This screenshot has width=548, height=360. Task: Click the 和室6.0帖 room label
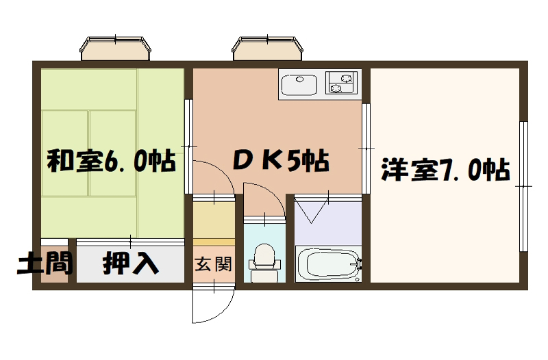(x=111, y=161)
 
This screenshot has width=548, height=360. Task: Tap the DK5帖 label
(x=281, y=161)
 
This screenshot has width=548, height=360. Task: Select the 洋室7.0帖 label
(x=445, y=170)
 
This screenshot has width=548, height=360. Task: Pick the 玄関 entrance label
(x=214, y=264)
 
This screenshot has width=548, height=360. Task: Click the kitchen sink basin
(x=299, y=83)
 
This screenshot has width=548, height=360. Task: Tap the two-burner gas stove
(x=342, y=83)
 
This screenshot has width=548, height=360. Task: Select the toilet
(x=264, y=263)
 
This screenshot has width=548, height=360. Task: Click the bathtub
(x=328, y=263)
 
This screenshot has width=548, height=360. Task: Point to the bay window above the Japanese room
(x=115, y=48)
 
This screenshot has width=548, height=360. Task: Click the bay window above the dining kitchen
(x=267, y=48)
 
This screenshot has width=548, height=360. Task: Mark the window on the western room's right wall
(x=523, y=186)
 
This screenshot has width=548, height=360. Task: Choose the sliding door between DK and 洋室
(x=366, y=149)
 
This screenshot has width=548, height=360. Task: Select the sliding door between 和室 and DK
(x=189, y=146)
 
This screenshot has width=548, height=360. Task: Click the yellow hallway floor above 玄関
(x=214, y=220)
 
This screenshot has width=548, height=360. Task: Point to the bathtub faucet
(x=359, y=264)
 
